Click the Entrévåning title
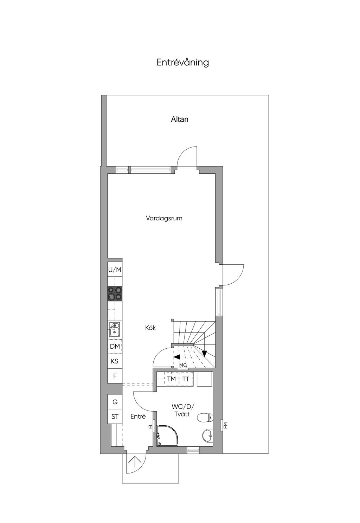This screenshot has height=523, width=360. click(180, 62)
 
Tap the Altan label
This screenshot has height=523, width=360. click(177, 117)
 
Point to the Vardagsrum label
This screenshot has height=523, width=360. click(161, 215)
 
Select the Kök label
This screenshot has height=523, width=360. click(148, 322)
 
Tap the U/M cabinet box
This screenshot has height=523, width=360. click(113, 265)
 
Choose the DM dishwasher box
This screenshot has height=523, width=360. click(113, 341)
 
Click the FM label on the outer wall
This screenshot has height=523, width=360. click(221, 418)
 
